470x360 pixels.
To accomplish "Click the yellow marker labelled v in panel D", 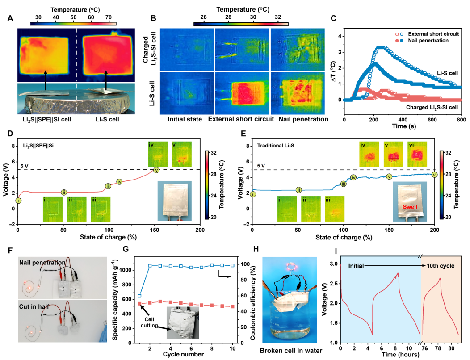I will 156,170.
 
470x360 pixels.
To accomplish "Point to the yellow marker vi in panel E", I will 434,174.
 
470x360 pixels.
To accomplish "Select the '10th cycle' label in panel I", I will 441,265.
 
